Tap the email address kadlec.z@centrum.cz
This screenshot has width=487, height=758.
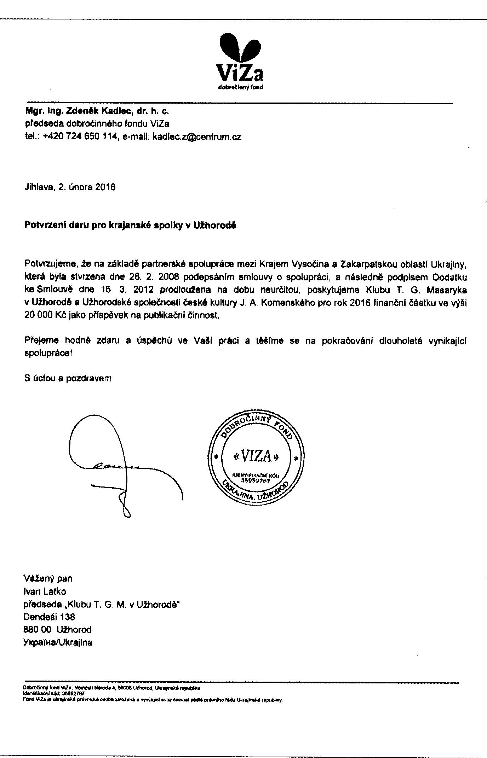(x=197, y=137)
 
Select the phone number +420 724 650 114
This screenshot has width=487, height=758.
(x=80, y=137)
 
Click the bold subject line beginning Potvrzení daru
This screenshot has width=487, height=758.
(x=130, y=225)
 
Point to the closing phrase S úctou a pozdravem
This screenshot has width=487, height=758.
(x=68, y=378)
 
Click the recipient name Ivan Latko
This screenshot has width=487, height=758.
(x=45, y=591)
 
